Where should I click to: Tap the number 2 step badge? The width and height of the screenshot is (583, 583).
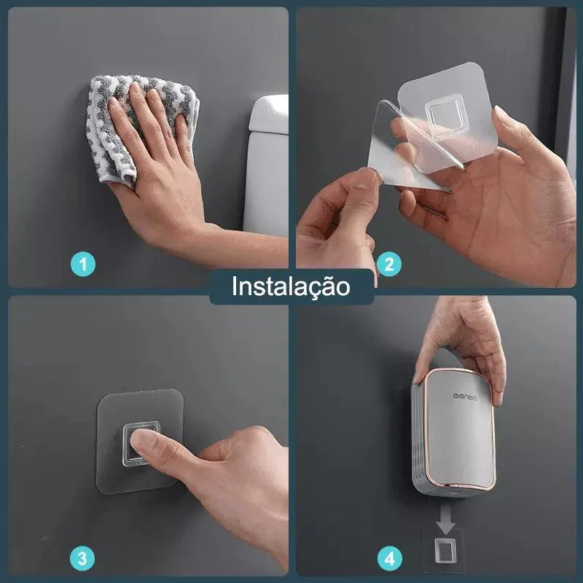click(x=388, y=264)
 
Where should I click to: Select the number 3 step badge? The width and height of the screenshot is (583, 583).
click(x=82, y=560)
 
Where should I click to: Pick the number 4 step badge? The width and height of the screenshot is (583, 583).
click(x=389, y=560)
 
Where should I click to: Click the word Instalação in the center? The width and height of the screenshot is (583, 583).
click(x=291, y=286)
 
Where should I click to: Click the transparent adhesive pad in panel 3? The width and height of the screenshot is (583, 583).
click(x=138, y=437)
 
